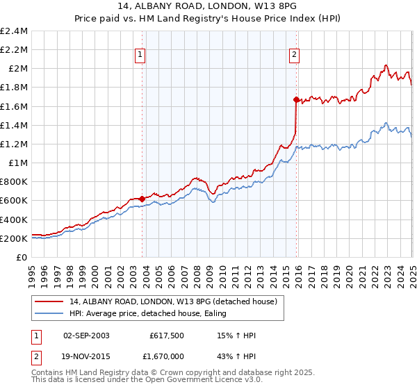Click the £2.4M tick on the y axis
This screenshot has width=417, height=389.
click(14, 31)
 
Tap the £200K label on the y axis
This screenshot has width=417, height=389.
click(14, 238)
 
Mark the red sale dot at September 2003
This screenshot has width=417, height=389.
click(142, 199)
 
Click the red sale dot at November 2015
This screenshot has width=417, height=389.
click(296, 99)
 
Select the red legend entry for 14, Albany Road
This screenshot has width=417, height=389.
click(173, 301)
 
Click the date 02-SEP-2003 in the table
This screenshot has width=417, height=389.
click(86, 336)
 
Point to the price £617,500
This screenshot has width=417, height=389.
click(165, 336)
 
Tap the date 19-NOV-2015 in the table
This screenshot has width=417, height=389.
click(86, 356)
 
